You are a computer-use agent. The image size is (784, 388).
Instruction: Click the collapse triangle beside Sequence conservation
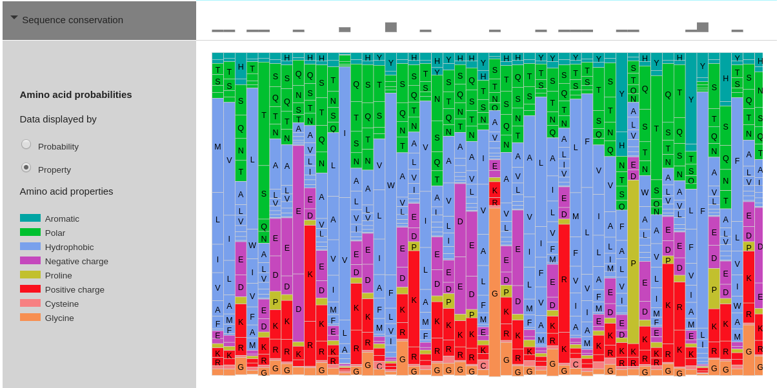click(14, 18)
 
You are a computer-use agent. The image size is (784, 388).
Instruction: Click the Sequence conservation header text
click(72, 20)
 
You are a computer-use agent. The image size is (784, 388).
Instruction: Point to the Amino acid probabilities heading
click(75, 95)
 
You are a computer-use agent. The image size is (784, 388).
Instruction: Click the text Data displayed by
click(58, 119)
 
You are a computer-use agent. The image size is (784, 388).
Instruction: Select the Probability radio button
click(26, 144)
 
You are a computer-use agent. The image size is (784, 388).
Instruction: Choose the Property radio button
click(26, 168)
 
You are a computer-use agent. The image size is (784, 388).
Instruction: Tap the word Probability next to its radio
click(58, 147)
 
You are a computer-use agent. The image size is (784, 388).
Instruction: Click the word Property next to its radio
click(54, 170)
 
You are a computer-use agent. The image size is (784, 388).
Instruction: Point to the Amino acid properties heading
click(66, 191)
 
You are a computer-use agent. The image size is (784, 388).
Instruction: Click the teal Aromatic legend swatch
click(30, 218)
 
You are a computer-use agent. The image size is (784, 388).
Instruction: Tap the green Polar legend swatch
click(30, 233)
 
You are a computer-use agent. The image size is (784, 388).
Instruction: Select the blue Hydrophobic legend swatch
click(30, 247)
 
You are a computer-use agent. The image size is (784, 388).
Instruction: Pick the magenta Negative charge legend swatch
click(30, 261)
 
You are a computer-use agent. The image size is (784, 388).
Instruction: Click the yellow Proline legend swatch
click(30, 275)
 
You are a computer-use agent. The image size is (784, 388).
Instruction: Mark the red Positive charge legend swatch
click(30, 289)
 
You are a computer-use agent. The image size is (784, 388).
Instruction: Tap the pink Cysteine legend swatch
click(30, 304)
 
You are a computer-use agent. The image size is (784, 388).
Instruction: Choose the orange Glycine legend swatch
click(30, 318)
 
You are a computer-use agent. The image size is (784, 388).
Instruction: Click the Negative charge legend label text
click(76, 262)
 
